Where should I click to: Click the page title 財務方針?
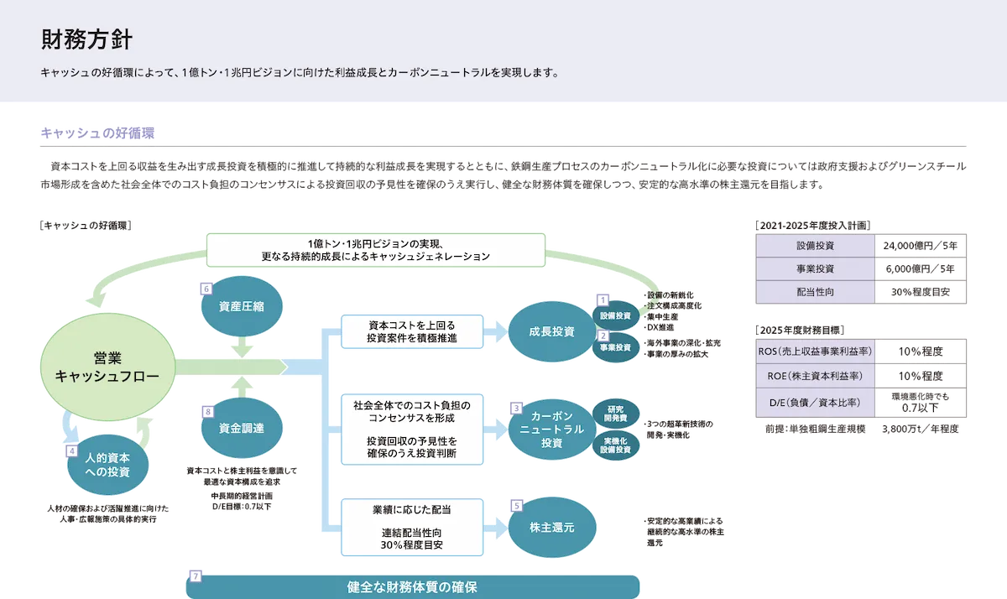tap(86, 39)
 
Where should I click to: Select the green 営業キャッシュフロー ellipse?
tap(107, 367)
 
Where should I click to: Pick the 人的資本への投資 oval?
tap(107, 466)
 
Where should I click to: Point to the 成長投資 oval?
tap(552, 331)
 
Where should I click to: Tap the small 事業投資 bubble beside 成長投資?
tap(618, 346)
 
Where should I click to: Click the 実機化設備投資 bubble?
tap(618, 445)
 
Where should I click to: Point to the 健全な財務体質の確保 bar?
tap(412, 586)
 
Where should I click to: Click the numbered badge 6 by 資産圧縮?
tap(207, 288)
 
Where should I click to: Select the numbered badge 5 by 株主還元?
tap(517, 506)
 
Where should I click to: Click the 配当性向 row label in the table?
tap(815, 292)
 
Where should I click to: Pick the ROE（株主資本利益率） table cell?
tap(815, 376)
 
